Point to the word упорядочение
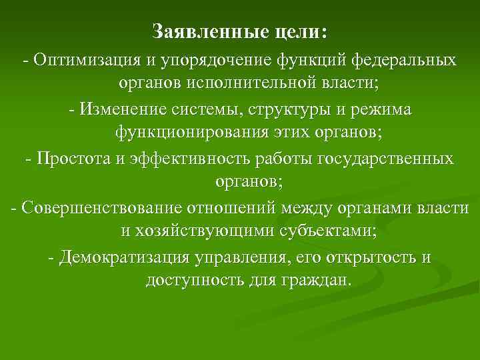tap(213, 61)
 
